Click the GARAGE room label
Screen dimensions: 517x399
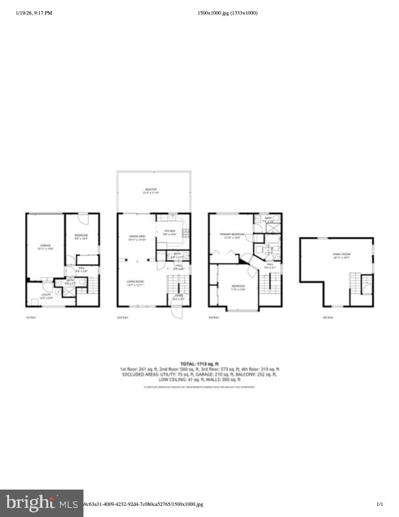pos(45,246)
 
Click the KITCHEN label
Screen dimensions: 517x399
pos(170,232)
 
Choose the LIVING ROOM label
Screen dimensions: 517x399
pos(135,283)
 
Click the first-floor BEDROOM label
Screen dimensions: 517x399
pos(81,236)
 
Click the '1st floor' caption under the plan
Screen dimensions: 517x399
pos(29,318)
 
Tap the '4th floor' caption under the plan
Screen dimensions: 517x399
pos(328,318)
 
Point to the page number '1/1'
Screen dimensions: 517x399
pos(379,504)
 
